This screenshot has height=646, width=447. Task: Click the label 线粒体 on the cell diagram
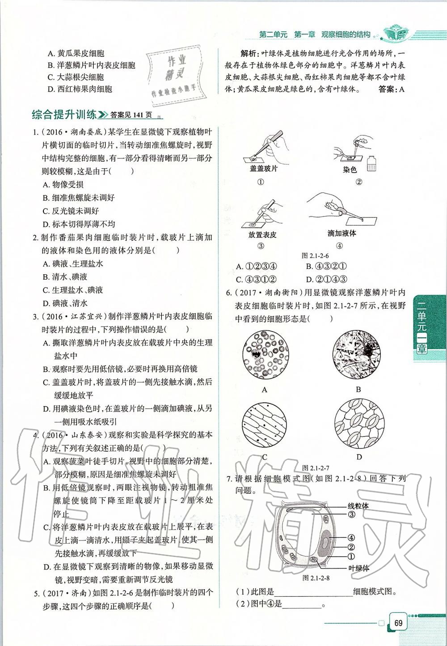pyautogui.click(x=358, y=506)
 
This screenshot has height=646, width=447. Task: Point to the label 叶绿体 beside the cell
pyautogui.click(x=358, y=568)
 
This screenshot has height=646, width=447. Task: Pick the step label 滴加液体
pyautogui.click(x=342, y=233)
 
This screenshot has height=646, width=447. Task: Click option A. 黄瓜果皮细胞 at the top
pyautogui.click(x=76, y=53)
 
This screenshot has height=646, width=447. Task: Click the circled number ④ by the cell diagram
pyautogui.click(x=351, y=538)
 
